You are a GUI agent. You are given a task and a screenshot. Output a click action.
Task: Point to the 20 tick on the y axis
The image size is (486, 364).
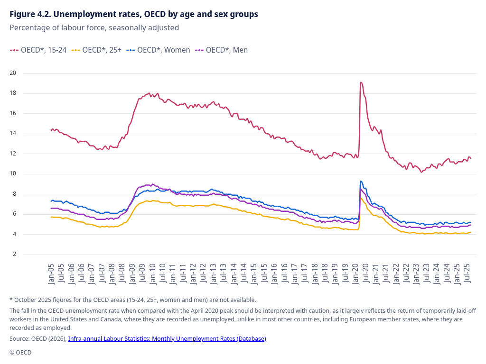point(13,73)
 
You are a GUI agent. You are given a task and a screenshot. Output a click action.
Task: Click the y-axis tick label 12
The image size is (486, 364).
point(13,154)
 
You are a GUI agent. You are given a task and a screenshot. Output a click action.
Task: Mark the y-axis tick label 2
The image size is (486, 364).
point(14,254)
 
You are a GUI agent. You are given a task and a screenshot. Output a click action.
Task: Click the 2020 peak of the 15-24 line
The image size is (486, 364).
point(361,83)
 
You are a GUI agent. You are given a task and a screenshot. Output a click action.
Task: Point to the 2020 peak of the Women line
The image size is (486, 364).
point(361,181)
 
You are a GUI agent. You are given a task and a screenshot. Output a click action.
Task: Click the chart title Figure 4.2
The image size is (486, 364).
point(134,14)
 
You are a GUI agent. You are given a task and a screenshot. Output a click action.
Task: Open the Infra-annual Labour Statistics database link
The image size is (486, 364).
point(167,338)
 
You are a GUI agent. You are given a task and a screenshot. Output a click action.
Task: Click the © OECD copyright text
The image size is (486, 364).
point(20,352)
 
